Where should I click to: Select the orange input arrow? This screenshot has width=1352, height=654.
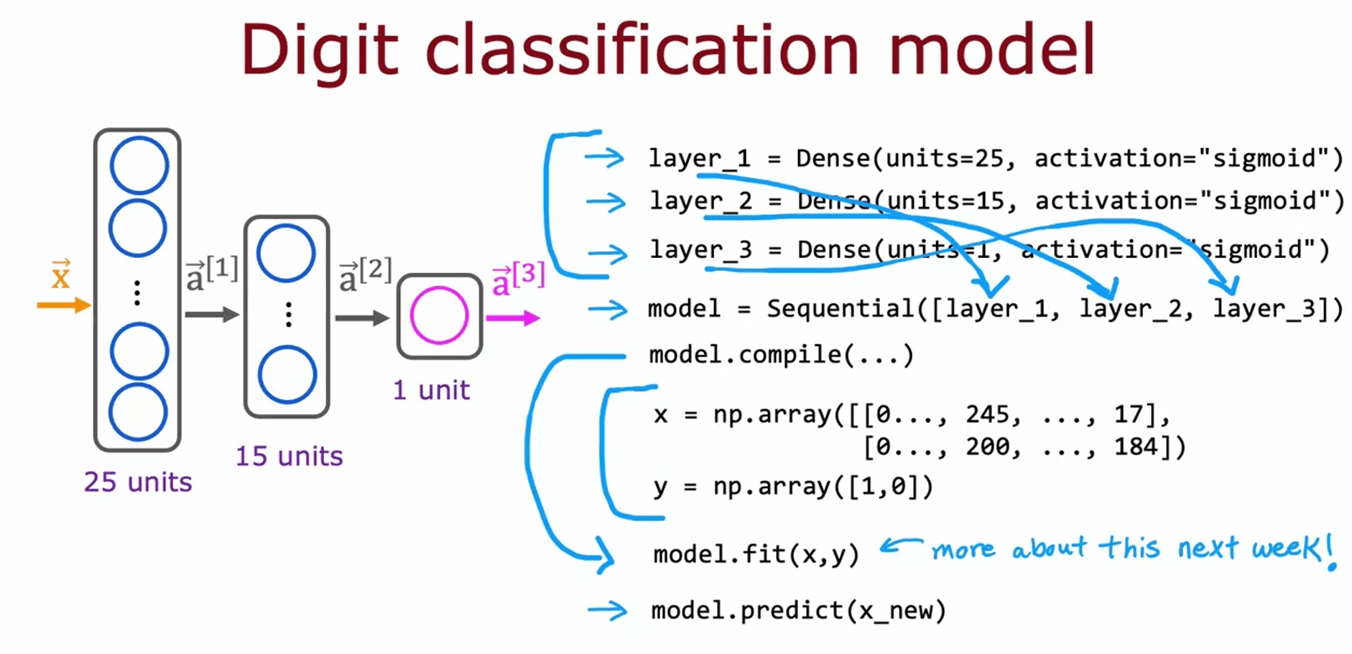click(x=63, y=305)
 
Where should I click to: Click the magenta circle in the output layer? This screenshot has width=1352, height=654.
click(x=439, y=316)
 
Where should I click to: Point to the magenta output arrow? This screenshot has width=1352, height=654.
click(x=512, y=318)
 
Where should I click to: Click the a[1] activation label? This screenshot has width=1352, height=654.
click(x=211, y=274)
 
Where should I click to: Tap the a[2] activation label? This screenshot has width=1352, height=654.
click(x=365, y=274)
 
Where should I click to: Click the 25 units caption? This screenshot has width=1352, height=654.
click(x=138, y=482)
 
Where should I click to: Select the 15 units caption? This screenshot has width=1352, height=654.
click(x=289, y=456)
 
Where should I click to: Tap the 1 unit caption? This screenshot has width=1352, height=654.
click(x=431, y=390)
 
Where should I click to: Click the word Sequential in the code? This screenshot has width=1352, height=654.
click(x=841, y=308)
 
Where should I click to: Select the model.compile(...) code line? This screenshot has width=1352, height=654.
click(x=781, y=354)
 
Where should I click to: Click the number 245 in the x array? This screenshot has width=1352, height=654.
click(x=987, y=414)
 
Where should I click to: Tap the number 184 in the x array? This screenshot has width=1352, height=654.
click(x=1136, y=446)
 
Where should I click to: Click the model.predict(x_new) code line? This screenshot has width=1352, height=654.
click(x=798, y=610)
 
